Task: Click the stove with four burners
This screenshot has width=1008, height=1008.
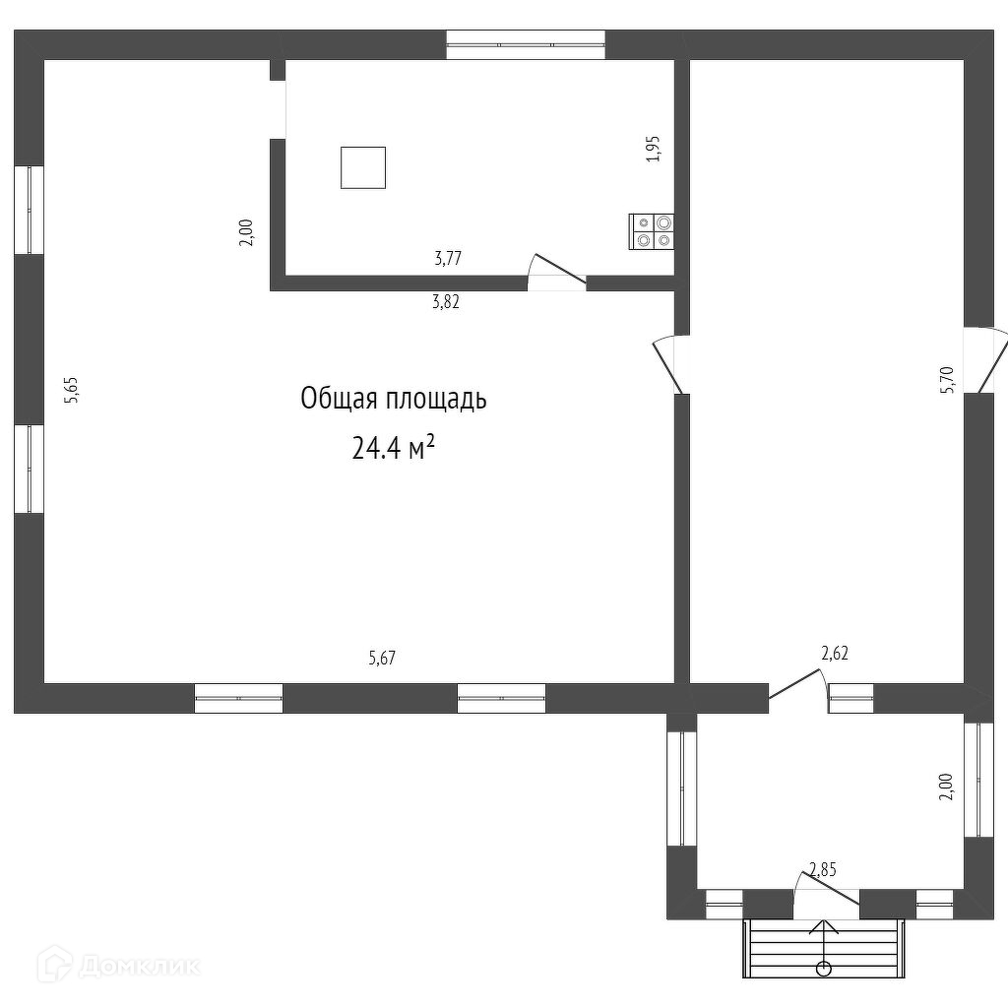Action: (x=652, y=232)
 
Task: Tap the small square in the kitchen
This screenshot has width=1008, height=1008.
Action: (x=363, y=167)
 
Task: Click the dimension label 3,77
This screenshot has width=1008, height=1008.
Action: (x=448, y=259)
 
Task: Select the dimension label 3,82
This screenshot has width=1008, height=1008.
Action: (x=446, y=302)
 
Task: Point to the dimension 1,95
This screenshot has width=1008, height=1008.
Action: (x=654, y=149)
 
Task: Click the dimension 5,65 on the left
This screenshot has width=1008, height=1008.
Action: (x=70, y=390)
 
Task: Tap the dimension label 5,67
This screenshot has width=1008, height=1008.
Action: (x=382, y=658)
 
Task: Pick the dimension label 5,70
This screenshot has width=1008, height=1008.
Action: (x=947, y=380)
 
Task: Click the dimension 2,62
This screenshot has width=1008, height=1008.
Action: (x=835, y=654)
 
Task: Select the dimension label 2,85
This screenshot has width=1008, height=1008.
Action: (x=822, y=870)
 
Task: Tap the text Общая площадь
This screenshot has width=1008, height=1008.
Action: (x=394, y=400)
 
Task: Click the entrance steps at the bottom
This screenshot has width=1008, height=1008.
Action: (x=824, y=948)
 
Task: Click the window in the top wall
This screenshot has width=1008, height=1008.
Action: (x=526, y=45)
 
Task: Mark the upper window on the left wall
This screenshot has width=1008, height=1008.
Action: (x=29, y=210)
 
